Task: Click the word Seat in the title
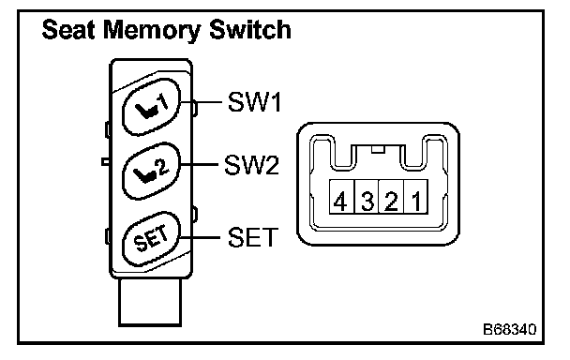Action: (69, 29)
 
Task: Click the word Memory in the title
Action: (152, 31)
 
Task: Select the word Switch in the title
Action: (250, 29)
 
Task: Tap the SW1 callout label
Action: (254, 101)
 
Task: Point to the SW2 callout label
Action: (251, 165)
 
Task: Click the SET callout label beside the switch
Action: (252, 237)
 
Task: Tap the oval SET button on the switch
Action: (151, 238)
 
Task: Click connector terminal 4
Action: (341, 196)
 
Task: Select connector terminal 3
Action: (367, 196)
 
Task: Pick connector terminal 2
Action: (392, 196)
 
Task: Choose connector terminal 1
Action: (416, 196)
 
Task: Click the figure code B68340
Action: (510, 329)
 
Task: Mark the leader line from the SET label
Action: (200, 238)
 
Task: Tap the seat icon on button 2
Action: (145, 176)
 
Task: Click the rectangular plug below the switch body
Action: (150, 302)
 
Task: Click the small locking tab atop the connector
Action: (378, 149)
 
